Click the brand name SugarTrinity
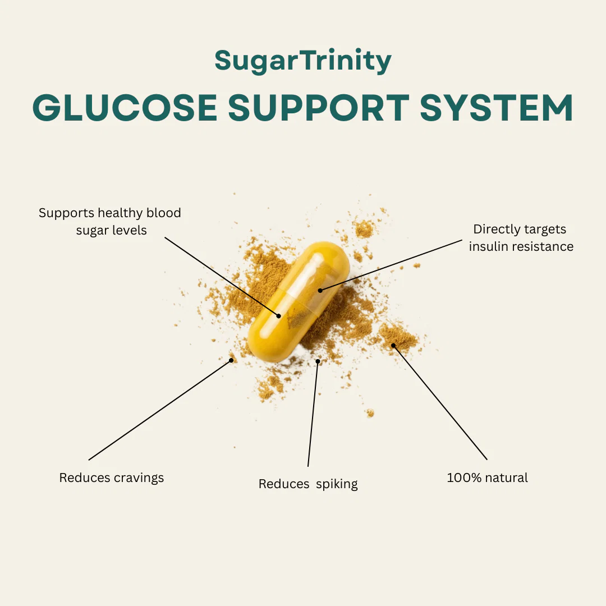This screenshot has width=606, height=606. (x=303, y=61)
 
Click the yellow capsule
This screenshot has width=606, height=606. (x=299, y=301)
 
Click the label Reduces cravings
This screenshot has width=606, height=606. (x=112, y=478)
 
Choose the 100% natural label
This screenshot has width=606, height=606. (x=487, y=478)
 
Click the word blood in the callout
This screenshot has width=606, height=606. (x=163, y=213)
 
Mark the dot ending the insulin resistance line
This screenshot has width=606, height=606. (x=320, y=291)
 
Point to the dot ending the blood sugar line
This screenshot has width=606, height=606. (x=279, y=316)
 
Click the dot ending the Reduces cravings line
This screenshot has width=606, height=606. (x=231, y=360)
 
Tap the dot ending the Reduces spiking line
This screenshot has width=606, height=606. (x=318, y=361)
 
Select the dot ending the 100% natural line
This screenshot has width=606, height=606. (x=393, y=345)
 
